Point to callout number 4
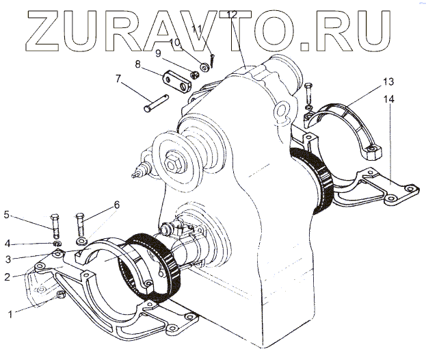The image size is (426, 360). tap(8, 243)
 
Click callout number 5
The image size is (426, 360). tap(8, 215)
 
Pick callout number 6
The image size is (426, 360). tap(116, 204)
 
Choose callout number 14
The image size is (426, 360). tap(389, 100)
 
